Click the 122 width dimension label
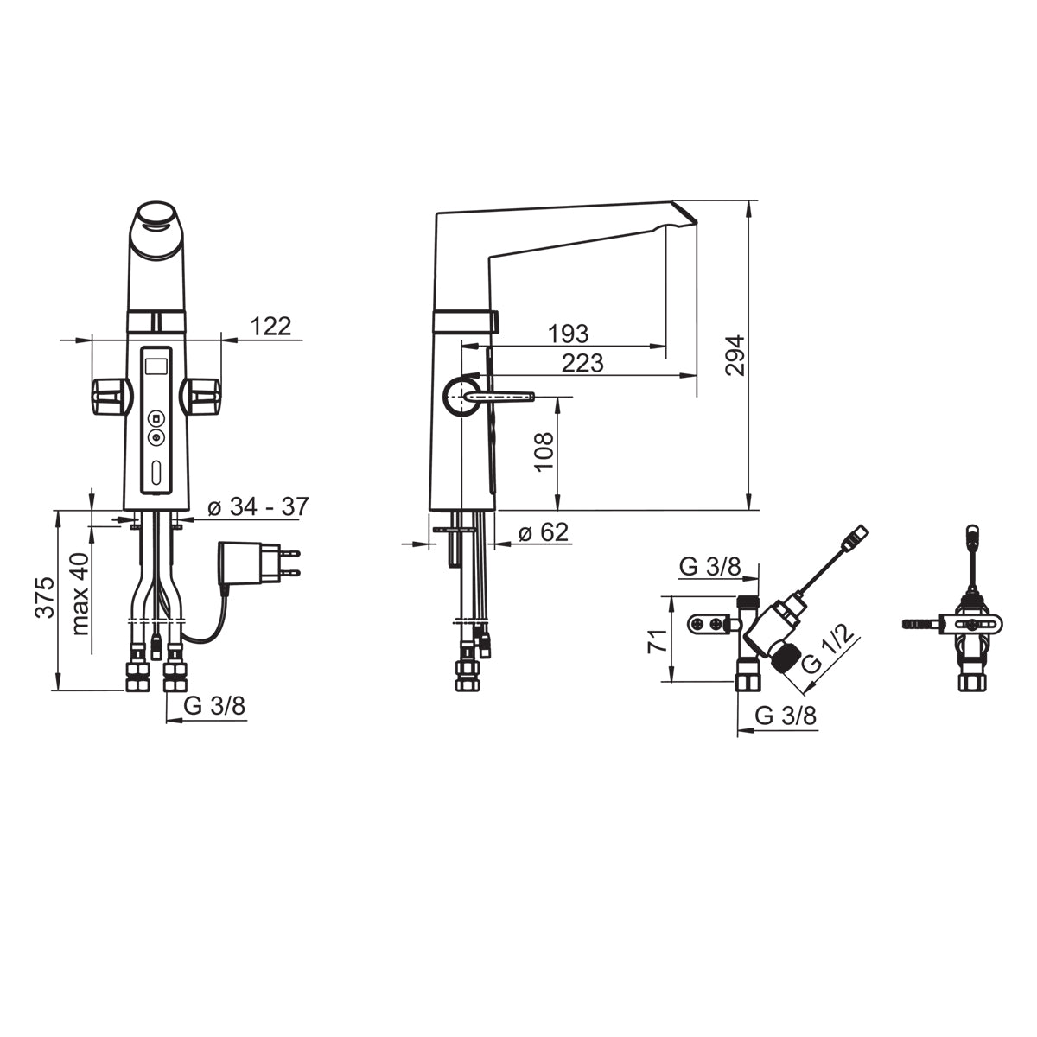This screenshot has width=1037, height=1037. [x=270, y=327]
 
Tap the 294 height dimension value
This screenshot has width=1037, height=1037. [x=735, y=355]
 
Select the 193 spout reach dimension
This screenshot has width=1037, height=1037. [x=569, y=334]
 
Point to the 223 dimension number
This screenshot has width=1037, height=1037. [x=582, y=363]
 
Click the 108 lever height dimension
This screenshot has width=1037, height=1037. [x=544, y=452]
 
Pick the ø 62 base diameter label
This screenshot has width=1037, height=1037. [x=544, y=532]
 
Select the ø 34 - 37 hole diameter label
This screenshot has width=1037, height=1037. [x=258, y=506]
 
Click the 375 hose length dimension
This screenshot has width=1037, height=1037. [x=45, y=597]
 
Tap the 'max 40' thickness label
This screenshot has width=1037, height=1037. [x=80, y=594]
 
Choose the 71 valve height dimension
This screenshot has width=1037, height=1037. [x=658, y=640]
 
